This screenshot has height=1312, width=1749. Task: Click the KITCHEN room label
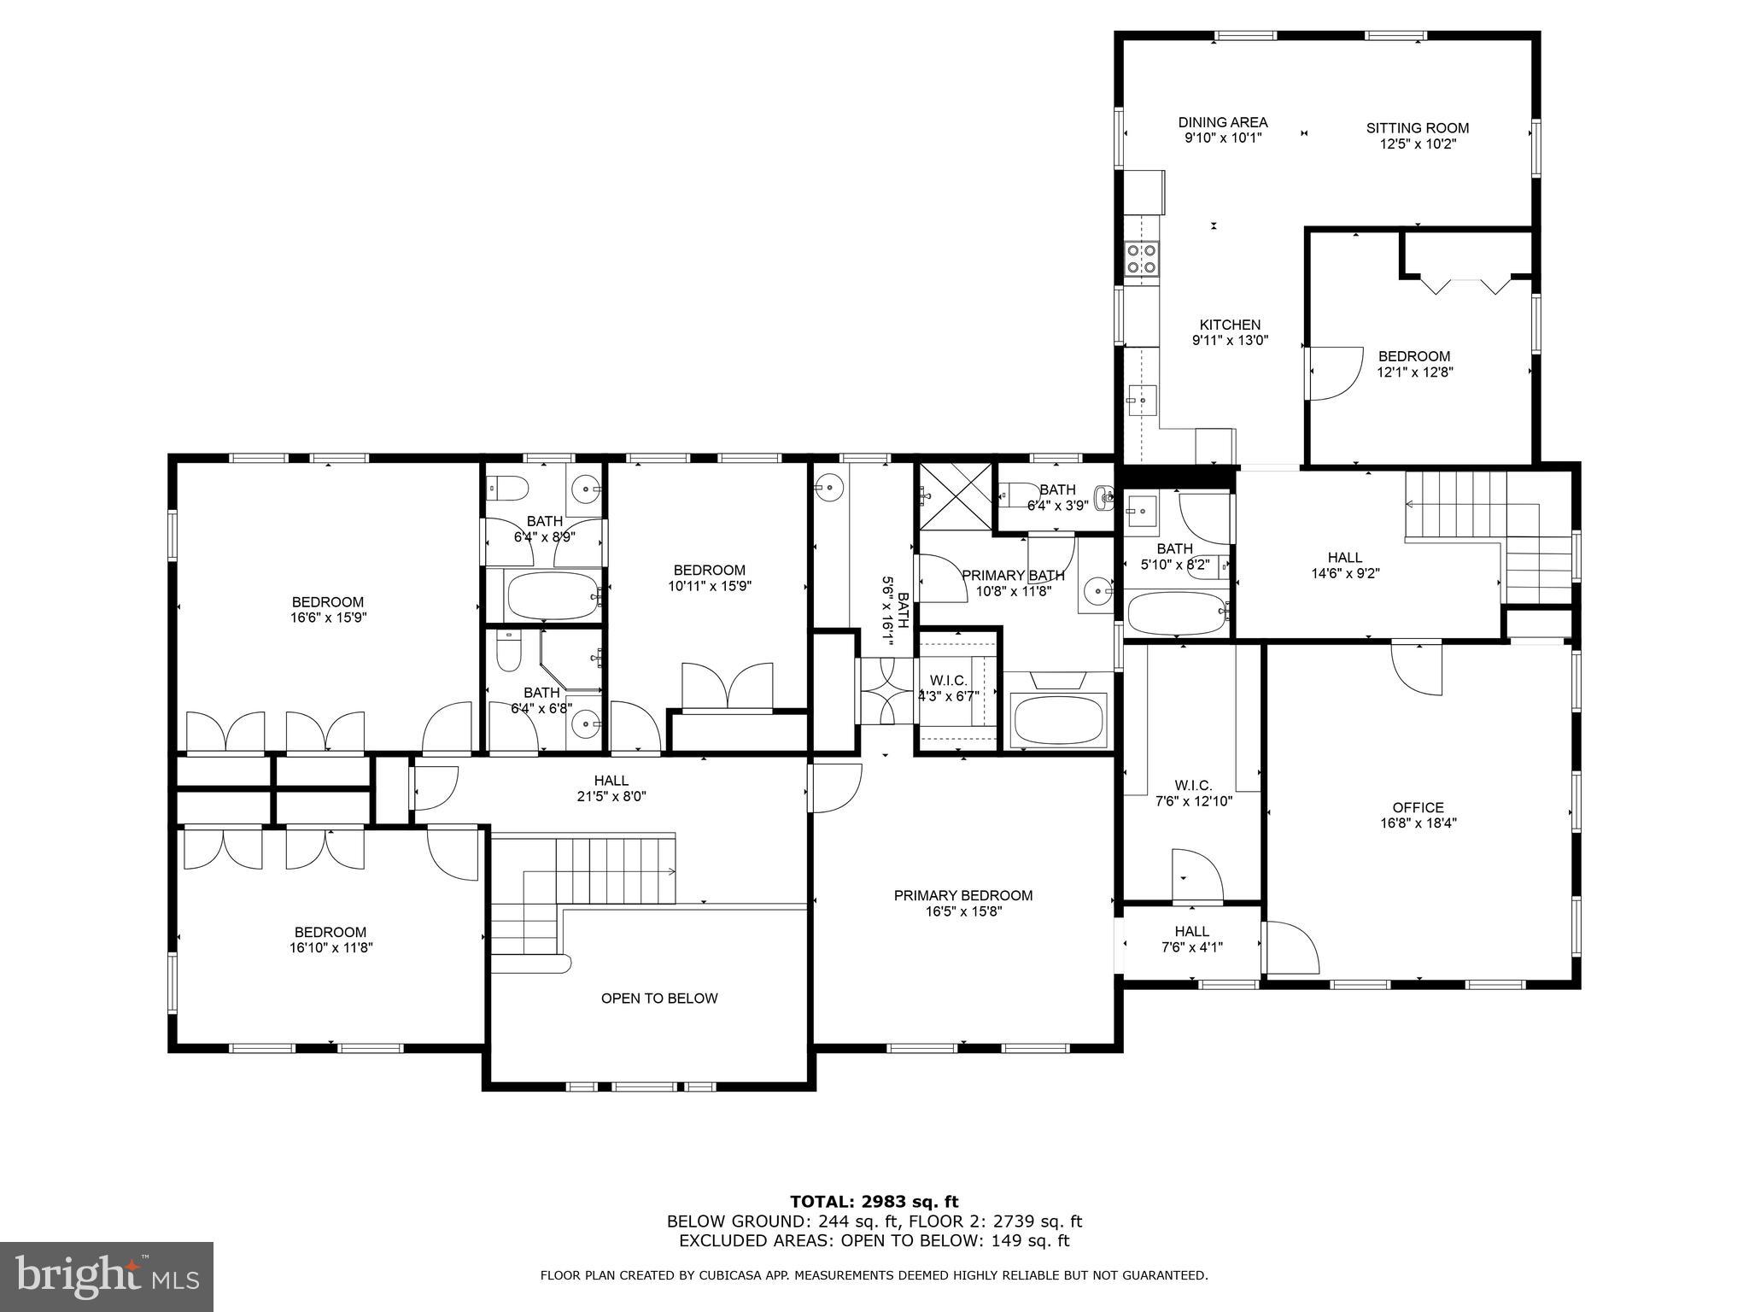click(x=1230, y=325)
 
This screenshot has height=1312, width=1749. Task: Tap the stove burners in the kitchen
click(x=1142, y=258)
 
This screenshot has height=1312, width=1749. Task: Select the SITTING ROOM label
click(x=1417, y=128)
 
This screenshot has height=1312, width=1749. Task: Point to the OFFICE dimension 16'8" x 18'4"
click(x=1418, y=823)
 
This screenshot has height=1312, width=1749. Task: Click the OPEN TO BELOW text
click(x=659, y=998)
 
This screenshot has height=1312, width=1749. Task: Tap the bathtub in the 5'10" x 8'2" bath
click(x=1176, y=612)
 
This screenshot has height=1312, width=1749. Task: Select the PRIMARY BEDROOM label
click(x=962, y=895)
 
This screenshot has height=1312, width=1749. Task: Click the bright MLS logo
click(x=106, y=1276)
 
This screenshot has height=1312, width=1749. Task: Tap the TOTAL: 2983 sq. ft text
click(x=874, y=1202)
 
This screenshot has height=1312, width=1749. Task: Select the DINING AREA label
click(x=1222, y=122)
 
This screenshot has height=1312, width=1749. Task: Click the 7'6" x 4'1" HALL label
click(x=1191, y=931)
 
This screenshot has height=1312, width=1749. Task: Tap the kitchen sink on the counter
click(x=1141, y=399)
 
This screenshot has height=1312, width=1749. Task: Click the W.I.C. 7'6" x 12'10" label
click(x=1192, y=785)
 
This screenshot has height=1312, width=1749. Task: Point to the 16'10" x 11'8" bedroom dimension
click(x=330, y=947)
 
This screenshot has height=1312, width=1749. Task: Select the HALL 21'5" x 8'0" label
click(x=611, y=780)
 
